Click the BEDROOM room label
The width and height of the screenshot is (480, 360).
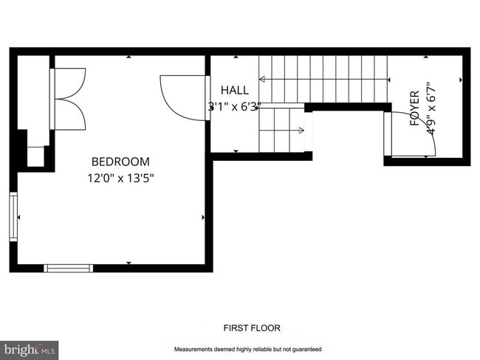120,162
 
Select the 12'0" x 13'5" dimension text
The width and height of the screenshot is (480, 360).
120,178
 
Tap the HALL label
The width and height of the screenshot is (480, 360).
235,91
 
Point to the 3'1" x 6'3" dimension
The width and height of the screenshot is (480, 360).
234,107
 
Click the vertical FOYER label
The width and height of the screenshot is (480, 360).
414,108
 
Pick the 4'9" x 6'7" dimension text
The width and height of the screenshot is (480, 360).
431,109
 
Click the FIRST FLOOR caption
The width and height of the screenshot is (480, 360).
252,328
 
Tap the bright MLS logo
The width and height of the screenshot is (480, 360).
30,349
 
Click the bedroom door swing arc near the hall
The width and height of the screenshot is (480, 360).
177,93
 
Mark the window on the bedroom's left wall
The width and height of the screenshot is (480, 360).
13,216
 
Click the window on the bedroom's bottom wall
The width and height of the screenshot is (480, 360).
68,268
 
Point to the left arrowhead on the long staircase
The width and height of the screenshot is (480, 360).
264,78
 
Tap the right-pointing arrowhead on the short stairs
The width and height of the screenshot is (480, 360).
301,131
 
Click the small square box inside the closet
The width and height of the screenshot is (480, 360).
35,156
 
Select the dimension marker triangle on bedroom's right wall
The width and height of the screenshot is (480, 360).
203,217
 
